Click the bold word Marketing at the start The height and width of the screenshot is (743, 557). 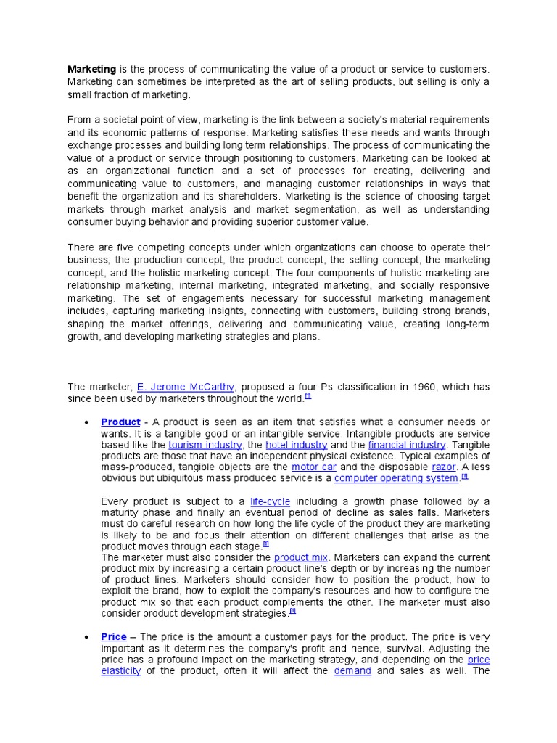click(x=91, y=69)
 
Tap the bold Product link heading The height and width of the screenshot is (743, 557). click(x=120, y=422)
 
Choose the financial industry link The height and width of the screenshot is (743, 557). click(x=407, y=445)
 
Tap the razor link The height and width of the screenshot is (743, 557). click(x=444, y=467)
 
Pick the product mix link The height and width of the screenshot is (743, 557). click(x=302, y=557)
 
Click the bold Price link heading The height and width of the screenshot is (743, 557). click(x=114, y=637)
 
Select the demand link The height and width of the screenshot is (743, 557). click(x=352, y=671)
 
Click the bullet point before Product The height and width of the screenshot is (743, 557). click(x=86, y=423)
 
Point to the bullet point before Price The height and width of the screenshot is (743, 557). click(x=86, y=638)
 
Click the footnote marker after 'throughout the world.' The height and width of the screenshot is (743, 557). click(x=308, y=396)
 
